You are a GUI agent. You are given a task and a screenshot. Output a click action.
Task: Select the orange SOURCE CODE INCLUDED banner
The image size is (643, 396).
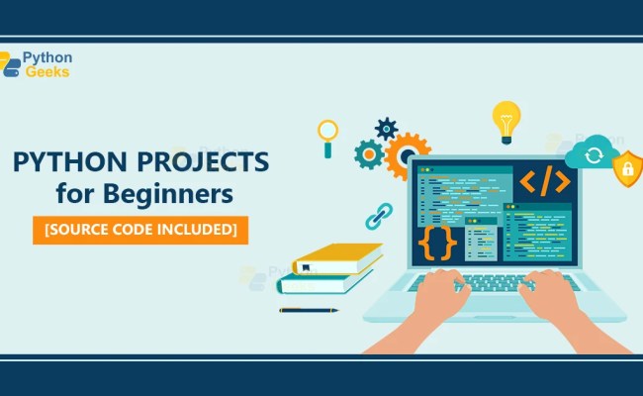(x=139, y=229)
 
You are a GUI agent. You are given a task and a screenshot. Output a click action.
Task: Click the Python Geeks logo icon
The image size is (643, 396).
(x=11, y=64)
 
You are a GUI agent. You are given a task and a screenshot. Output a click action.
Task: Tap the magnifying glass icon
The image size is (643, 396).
(x=326, y=136)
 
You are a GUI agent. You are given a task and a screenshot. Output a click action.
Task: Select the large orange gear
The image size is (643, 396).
(x=406, y=155)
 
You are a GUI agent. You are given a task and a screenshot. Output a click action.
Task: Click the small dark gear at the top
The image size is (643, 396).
(x=386, y=129)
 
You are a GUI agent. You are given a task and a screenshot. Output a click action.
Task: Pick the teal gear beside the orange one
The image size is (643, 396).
(x=369, y=153)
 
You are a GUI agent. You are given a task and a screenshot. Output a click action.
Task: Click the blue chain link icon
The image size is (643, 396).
(x=378, y=216)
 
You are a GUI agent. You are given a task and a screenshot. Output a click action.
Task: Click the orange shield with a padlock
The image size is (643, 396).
(x=625, y=170)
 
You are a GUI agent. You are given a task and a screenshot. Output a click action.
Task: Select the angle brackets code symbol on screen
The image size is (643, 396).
(x=544, y=180)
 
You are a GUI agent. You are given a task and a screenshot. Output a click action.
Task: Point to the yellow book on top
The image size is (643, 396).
(x=336, y=258)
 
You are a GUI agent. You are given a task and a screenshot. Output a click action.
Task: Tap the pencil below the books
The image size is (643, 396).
(x=308, y=310)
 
